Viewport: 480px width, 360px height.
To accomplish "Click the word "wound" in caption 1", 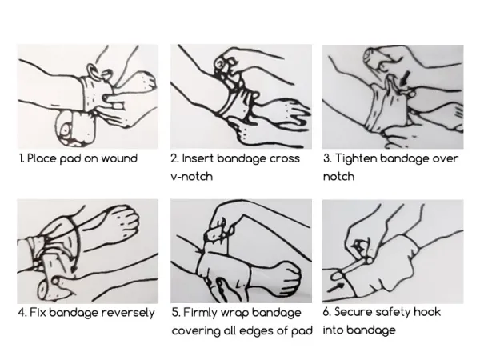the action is pyautogui.click(x=119, y=158).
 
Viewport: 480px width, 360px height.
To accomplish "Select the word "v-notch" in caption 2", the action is pyautogui.click(x=192, y=177).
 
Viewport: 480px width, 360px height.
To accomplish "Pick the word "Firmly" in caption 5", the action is pyautogui.click(x=200, y=313).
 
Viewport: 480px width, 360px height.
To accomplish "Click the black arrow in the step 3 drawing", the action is pyautogui.click(x=405, y=78).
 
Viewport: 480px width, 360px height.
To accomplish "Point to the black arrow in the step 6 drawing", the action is pyautogui.click(x=335, y=287).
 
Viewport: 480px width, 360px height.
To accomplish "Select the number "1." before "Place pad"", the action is pyautogui.click(x=22, y=158).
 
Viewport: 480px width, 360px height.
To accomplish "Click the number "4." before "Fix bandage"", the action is pyautogui.click(x=22, y=313).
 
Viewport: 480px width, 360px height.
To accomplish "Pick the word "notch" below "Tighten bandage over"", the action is pyautogui.click(x=339, y=177).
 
